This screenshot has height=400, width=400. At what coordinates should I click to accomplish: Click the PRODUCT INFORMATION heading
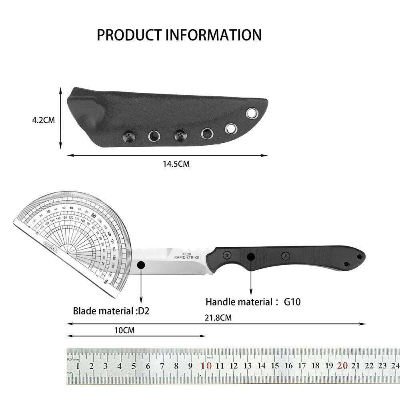pyautogui.click(x=179, y=35)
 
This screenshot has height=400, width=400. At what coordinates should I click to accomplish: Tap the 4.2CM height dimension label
pyautogui.click(x=44, y=120)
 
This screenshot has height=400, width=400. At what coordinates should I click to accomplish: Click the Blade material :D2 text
pyautogui.click(x=111, y=310)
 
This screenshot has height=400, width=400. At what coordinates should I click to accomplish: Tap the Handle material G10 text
pyautogui.click(x=252, y=302)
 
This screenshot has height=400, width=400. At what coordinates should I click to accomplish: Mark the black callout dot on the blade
pyautogui.click(x=141, y=264)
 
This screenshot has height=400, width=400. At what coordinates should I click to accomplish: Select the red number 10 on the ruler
pyautogui.click(x=206, y=366)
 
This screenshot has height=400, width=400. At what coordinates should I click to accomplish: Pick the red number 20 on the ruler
pyautogui.click(x=342, y=365)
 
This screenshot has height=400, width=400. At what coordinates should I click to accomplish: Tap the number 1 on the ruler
pyautogui.click(x=77, y=366)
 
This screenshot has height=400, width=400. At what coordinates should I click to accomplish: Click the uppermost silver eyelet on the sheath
pyautogui.click(x=252, y=114)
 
